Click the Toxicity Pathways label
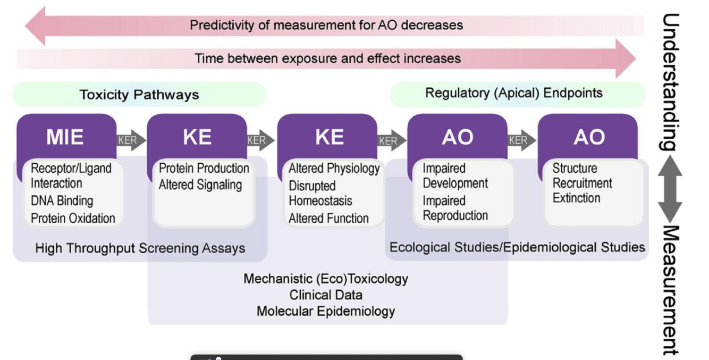[x=139, y=95]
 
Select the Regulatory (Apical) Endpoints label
[x=513, y=93]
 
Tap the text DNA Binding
[x=62, y=201]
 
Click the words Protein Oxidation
[x=73, y=218]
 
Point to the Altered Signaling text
[x=200, y=185]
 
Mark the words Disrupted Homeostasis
[x=320, y=194]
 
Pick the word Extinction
[x=576, y=198]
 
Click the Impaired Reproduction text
[x=455, y=208]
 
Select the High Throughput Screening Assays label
[x=140, y=248]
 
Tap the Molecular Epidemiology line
[x=325, y=311]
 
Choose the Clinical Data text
[x=325, y=295]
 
